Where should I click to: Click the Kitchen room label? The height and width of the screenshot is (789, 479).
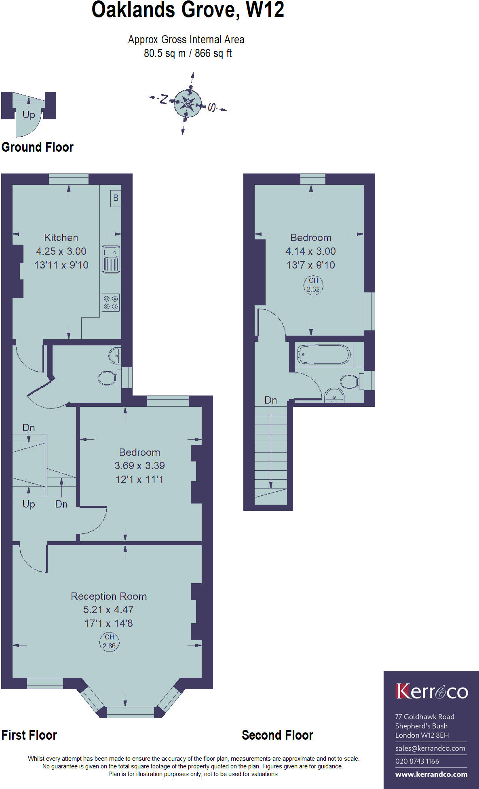pyautogui.click(x=61, y=237)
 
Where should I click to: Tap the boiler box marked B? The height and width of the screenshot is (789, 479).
pyautogui.click(x=116, y=198)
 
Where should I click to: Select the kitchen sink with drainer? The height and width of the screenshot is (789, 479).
pyautogui.click(x=111, y=259)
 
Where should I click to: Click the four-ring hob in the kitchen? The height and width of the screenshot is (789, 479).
pyautogui.click(x=111, y=302)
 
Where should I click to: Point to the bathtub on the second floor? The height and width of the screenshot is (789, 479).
pyautogui.click(x=324, y=354)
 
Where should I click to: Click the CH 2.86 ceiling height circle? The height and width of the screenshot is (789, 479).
pyautogui.click(x=109, y=641)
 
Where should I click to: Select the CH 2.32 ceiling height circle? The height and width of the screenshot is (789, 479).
pyautogui.click(x=313, y=285)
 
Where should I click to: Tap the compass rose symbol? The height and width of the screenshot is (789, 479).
pyautogui.click(x=188, y=103)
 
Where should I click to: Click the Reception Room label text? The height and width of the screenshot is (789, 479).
pyautogui.click(x=109, y=596)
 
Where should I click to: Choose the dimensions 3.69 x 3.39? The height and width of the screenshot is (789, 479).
pyautogui.click(x=139, y=465)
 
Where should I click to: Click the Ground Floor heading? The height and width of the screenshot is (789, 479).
pyautogui.click(x=38, y=147)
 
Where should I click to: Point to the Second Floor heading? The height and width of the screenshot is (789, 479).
pyautogui.click(x=277, y=735)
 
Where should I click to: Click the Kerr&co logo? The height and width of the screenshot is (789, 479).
pyautogui.click(x=431, y=692)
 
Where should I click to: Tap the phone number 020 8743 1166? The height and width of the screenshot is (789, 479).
pyautogui.click(x=417, y=761)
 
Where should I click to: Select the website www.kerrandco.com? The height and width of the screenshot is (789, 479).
pyautogui.click(x=431, y=774)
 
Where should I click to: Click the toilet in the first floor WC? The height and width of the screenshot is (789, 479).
pyautogui.click(x=107, y=379)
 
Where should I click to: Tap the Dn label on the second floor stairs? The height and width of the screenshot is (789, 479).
pyautogui.click(x=270, y=400)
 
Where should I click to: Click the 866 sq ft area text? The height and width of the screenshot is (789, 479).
pyautogui.click(x=213, y=53)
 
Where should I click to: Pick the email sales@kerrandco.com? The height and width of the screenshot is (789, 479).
pyautogui.click(x=430, y=748)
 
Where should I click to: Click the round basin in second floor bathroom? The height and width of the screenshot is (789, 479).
pyautogui.click(x=334, y=396)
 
